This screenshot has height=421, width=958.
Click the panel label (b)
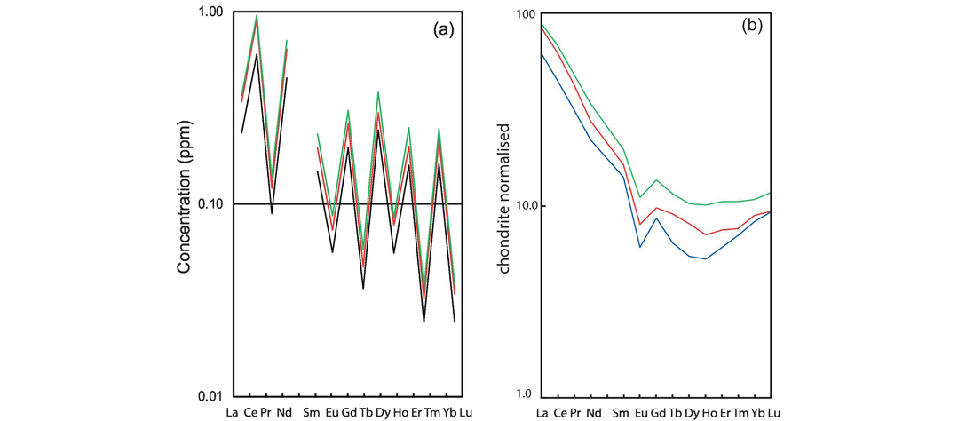coord(753,27)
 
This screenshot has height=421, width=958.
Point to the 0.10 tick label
coord(209,204)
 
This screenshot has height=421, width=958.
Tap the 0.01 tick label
coord(209,395)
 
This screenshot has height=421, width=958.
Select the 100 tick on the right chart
coord(517,14)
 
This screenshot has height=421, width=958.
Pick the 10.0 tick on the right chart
coord(514,205)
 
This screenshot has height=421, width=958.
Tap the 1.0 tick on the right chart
coord(518,395)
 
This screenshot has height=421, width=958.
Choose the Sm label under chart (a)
coord(311,412)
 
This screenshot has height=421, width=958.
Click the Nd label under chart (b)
coord(592,412)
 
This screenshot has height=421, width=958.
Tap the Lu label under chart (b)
coord(774,412)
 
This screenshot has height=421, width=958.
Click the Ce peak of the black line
coord(257,54)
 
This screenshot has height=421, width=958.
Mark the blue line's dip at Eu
coord(639,247)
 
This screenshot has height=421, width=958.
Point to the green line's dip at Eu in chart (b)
coord(639,197)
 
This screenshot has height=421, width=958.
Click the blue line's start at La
coord(542,53)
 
